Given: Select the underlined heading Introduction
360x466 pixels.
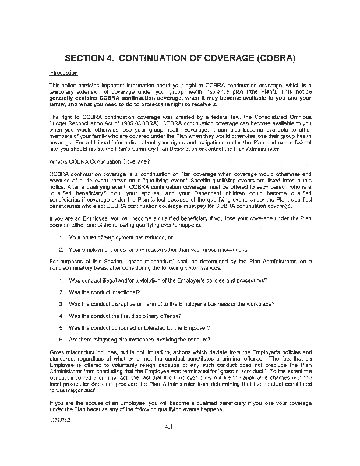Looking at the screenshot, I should point(63,73).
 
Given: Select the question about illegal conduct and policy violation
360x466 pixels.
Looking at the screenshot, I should point(168,280).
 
